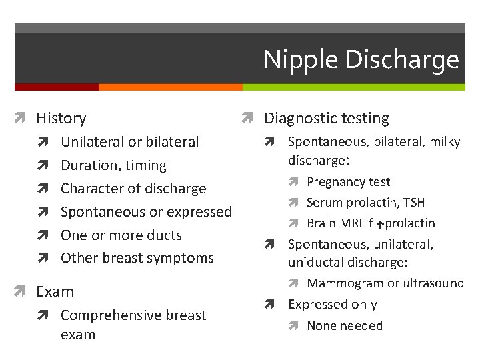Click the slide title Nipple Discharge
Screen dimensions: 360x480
tap(361, 60)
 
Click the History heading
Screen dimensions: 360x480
tap(61, 119)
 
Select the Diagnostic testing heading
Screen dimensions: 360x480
tap(327, 119)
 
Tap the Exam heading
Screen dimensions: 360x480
tap(55, 292)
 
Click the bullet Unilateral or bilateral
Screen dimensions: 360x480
tap(129, 142)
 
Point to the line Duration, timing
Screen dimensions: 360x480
tap(113, 165)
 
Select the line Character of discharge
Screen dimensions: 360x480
tap(133, 189)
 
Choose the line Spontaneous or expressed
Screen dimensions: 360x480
tap(146, 212)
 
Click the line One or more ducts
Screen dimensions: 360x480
tap(121, 235)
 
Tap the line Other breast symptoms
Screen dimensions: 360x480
tap(137, 258)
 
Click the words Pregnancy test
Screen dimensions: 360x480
tap(348, 182)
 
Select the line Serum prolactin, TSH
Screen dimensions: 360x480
tap(365, 203)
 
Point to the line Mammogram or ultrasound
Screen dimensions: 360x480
tap(385, 283)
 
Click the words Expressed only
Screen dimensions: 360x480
tap(332, 305)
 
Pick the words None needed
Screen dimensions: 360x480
tap(345, 326)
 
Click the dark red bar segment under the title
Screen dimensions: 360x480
tap(56, 87)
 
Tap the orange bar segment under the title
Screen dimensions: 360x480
tap(170, 87)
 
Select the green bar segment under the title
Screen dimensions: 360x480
tap(353, 87)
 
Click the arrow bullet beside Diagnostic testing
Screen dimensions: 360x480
tap(246, 119)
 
